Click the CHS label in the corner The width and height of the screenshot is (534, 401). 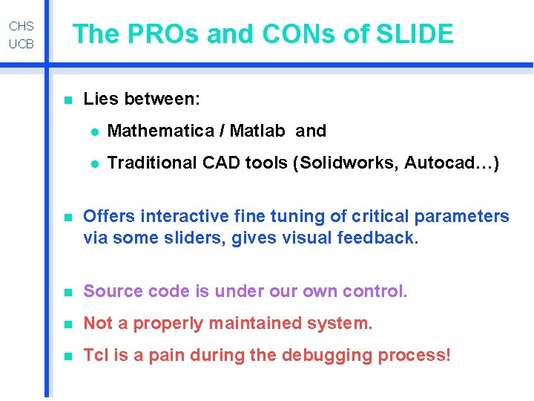[22, 26]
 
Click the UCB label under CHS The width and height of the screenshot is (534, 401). [22, 44]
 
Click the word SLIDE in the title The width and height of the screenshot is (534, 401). [415, 34]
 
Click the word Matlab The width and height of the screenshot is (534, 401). [257, 131]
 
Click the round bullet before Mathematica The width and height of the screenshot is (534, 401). [93, 132]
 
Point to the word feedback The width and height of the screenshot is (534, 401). [378, 238]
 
